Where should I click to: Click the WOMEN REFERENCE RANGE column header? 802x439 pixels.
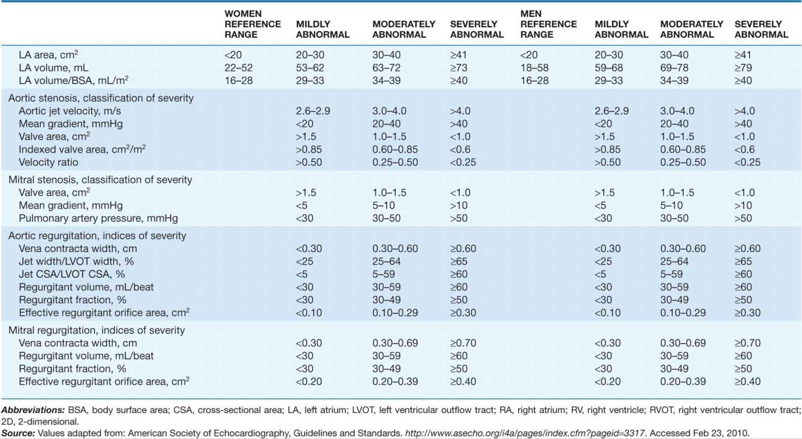pos(253,24)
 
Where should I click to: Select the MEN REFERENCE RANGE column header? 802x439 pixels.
pos(549,24)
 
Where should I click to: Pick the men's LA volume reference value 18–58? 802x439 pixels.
pos(534,68)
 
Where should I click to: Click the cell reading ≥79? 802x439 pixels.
pos(743,68)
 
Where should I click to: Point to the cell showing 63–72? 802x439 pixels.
pos(386,68)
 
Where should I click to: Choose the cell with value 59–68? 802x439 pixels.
pos(608,68)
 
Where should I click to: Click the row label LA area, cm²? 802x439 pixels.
pos(49,55)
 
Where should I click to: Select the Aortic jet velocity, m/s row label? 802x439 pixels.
pos(70,111)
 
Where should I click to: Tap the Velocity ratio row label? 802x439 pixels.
pos(48,162)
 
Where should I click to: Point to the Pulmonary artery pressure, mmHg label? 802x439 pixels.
pos(98,218)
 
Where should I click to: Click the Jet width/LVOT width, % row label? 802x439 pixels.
pos(76,261)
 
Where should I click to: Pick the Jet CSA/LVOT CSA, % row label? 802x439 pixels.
pos(72,274)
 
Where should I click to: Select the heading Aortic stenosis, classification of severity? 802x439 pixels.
pos(101,98)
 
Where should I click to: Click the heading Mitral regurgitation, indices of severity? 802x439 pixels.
pos(96,330)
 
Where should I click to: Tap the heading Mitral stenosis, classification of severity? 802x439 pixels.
pos(100,179)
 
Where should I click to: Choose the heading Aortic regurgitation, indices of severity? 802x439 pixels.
pos(97,236)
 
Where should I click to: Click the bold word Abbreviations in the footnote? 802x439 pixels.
pos(33,410)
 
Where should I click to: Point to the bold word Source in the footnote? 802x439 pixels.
pos(18,433)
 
